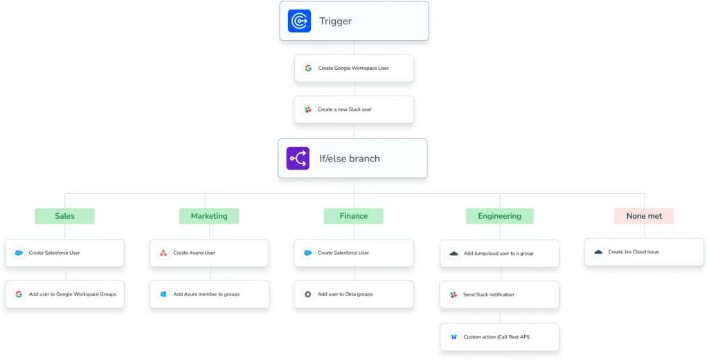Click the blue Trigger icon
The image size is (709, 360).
299,21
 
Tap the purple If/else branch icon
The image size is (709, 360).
298,159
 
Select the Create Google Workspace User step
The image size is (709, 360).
354,69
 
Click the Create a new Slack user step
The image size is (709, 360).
354,109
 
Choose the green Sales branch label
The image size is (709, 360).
64,216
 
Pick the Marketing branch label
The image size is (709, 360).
209,216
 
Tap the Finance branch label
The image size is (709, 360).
354,216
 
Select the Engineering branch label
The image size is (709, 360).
500,216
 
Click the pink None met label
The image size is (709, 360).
644,216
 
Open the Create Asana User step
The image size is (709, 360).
209,253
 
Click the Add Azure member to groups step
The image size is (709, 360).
209,294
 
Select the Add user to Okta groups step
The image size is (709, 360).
354,294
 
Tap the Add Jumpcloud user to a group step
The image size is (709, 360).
500,253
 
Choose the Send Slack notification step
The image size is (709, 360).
500,295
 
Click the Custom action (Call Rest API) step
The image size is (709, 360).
500,337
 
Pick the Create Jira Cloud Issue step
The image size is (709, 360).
644,252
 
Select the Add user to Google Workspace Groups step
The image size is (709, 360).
64,294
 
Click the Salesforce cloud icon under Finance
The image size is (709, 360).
308,253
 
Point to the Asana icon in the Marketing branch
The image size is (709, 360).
163,253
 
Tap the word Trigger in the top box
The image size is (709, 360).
335,21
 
